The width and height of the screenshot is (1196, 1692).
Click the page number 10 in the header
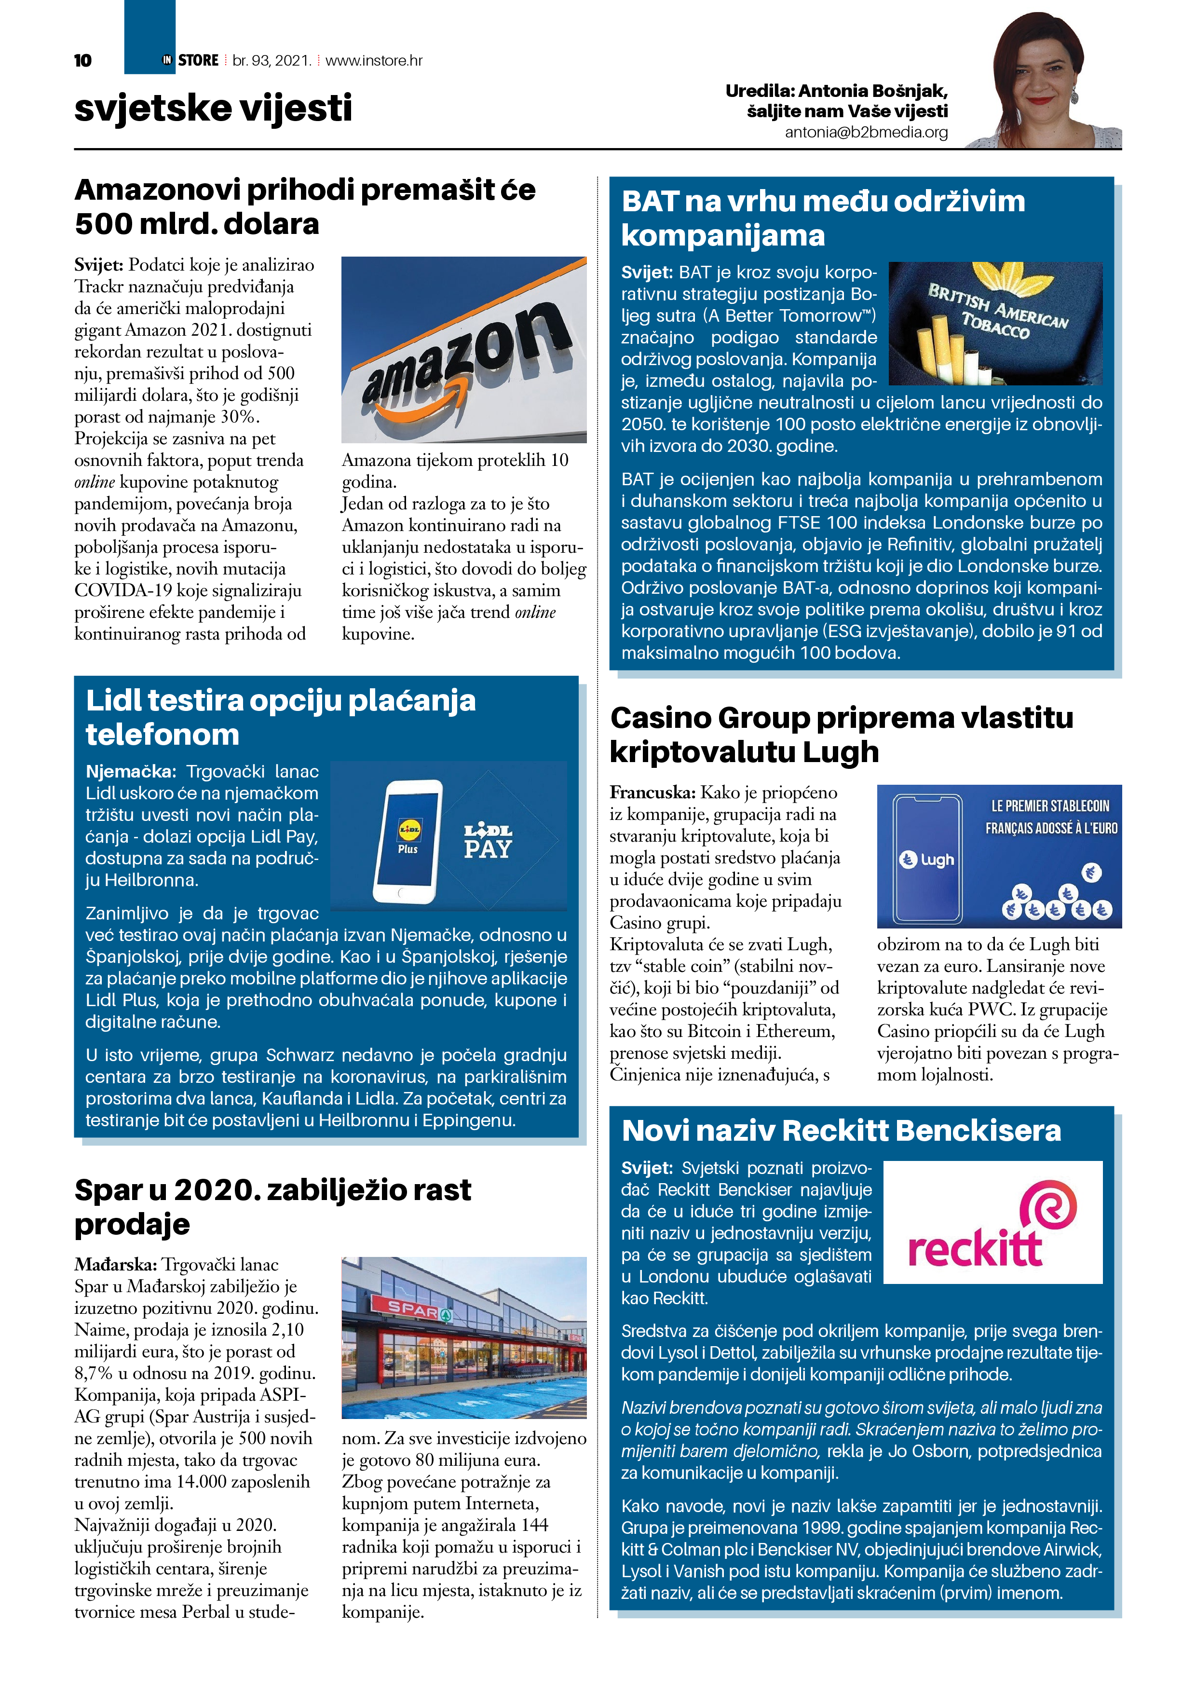click(x=82, y=60)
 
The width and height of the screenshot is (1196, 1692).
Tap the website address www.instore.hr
click(x=374, y=60)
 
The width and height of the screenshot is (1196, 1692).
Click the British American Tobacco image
click(x=995, y=324)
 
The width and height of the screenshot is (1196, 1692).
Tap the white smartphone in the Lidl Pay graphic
click(x=408, y=841)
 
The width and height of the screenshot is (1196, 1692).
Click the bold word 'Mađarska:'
click(x=115, y=1265)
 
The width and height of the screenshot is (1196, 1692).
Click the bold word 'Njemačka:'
click(x=130, y=772)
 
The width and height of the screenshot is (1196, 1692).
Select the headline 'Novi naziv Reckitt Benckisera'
click(x=841, y=1131)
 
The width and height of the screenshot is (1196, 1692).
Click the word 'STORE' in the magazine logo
click(x=198, y=60)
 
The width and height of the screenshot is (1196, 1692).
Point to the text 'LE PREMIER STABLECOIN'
click(x=1049, y=806)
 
